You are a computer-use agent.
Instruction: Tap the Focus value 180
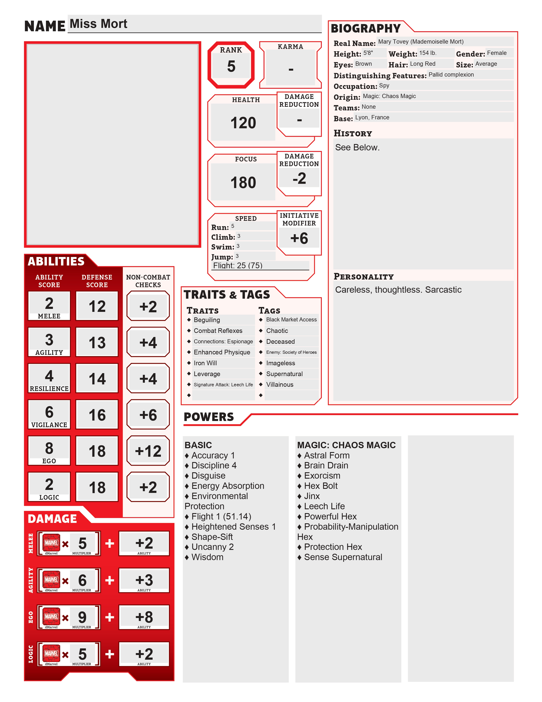coord(243,183)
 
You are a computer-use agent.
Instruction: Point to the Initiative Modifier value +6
coord(299,238)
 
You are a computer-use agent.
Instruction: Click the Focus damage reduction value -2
coord(299,178)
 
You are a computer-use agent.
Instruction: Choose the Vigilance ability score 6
coord(49,412)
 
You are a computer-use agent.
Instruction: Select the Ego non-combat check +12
coord(148,451)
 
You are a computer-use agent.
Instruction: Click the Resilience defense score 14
coord(97,379)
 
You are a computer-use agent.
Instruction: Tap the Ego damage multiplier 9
coord(82,617)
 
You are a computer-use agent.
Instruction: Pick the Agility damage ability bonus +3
coord(144,580)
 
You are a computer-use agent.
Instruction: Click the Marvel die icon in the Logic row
coord(51,653)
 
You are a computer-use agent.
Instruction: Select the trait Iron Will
coord(205,363)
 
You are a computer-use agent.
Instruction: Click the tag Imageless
coord(280,363)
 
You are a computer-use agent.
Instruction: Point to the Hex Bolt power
coord(321,486)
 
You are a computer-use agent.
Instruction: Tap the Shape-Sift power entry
coord(212,537)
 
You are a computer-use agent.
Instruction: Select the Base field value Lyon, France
coord(372,117)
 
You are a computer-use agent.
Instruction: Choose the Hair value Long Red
coord(423,64)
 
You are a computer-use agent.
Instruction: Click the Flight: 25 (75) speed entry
coord(238,265)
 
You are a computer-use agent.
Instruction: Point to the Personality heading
coord(363,276)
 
